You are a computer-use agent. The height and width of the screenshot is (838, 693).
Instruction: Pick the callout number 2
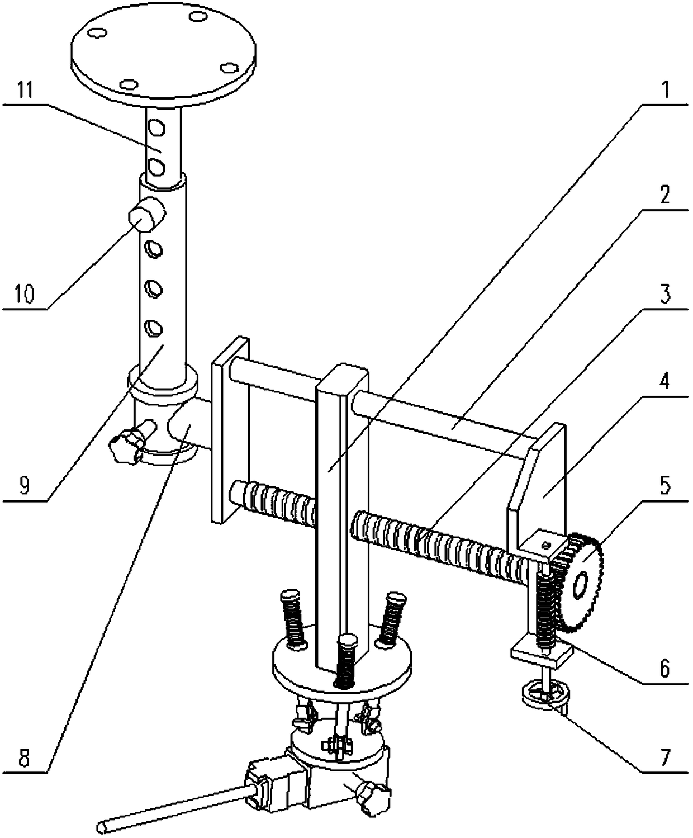click(665, 196)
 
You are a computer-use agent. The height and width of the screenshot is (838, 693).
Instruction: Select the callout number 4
click(664, 384)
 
